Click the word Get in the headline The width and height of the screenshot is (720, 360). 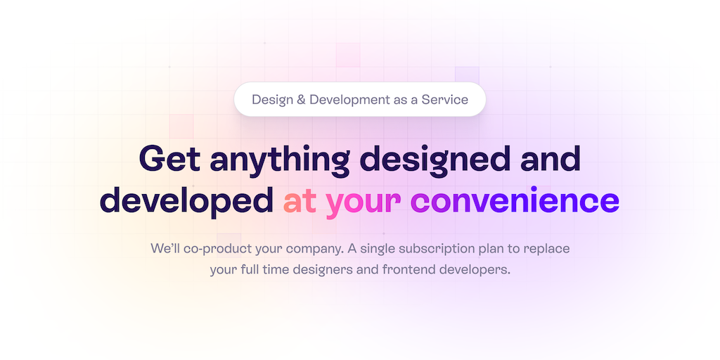point(169,158)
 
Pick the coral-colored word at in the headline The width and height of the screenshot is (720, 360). point(300,202)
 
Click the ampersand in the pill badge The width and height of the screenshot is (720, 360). point(301,100)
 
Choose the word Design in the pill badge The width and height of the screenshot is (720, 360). point(272,101)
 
